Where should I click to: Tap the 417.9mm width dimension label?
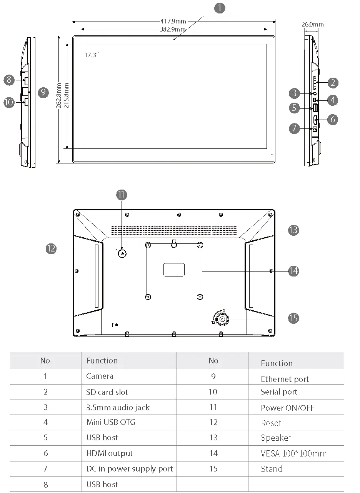173,22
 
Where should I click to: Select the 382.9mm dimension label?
173,29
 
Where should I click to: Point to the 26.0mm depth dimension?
312,24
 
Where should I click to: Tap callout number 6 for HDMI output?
333,119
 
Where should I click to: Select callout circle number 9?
43,92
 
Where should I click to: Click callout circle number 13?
293,230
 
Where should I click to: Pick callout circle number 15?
293,318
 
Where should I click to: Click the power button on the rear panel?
122,253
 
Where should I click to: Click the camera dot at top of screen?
174,38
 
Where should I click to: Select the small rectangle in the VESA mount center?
174,270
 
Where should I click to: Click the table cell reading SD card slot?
107,392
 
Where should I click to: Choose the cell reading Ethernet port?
285,379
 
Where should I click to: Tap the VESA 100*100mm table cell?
293,454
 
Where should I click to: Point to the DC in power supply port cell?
130,469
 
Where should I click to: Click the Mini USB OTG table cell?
111,422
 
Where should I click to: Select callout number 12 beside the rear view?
51,249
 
